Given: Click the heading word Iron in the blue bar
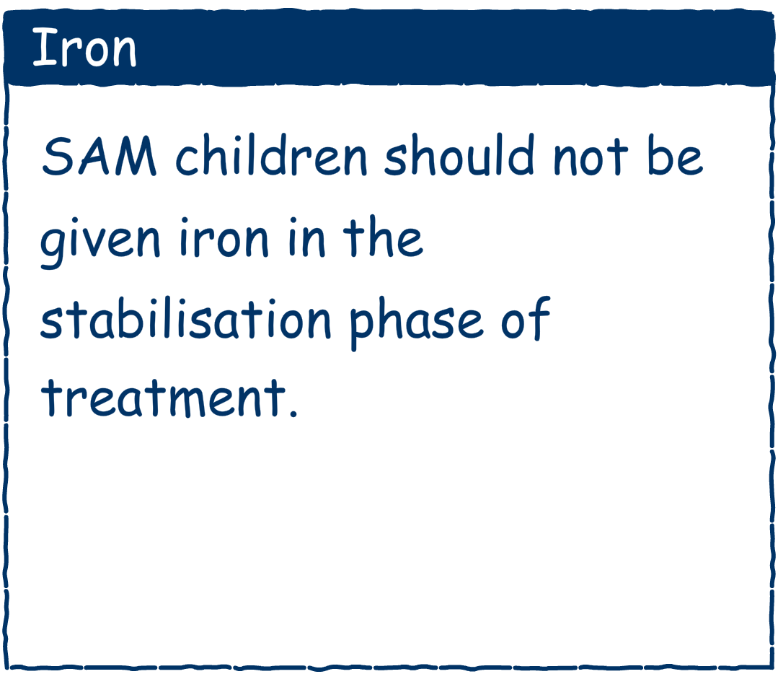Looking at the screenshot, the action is point(84,48).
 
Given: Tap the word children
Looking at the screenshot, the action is point(271,155).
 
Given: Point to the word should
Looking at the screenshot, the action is point(459,155).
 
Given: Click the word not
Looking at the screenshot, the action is point(591,157).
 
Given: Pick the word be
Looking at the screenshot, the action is point(676,155).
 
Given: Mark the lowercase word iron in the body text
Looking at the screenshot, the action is point(224,237).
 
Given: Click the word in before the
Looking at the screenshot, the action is point(306,237).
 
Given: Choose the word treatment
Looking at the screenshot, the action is point(164,398).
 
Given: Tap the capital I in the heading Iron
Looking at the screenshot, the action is point(44,48).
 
